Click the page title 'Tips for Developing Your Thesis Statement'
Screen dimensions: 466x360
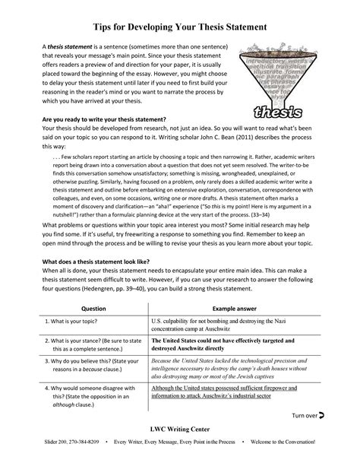click(180, 27)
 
